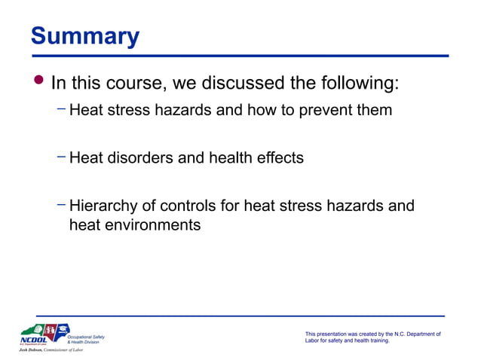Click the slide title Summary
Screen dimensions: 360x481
(84, 36)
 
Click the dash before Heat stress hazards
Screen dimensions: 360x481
(61, 109)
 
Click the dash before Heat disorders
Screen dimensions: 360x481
(61, 157)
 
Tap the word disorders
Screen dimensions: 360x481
(141, 158)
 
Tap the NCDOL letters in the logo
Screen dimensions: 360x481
(33, 340)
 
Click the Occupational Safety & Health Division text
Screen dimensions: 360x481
(85, 339)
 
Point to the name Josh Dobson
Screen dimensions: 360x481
(33, 350)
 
